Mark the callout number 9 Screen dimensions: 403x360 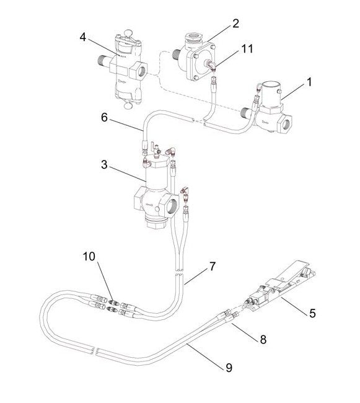pyautogui.click(x=229, y=368)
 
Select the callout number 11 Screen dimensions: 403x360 pyautogui.click(x=247, y=48)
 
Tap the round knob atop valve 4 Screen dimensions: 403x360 pyautogui.click(x=130, y=35)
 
